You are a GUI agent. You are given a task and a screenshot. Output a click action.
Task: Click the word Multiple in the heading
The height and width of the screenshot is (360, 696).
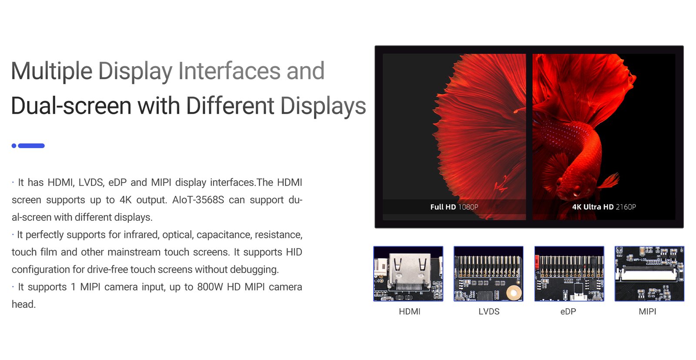[x=52, y=71]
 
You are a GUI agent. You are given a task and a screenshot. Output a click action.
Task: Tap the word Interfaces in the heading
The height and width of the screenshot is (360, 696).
[x=230, y=71]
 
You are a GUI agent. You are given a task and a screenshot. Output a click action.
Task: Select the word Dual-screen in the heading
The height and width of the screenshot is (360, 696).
[x=71, y=105]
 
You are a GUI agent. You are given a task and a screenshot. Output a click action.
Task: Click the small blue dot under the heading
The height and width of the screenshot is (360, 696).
[x=14, y=146]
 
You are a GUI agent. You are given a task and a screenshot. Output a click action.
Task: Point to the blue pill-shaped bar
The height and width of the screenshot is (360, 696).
[x=31, y=146]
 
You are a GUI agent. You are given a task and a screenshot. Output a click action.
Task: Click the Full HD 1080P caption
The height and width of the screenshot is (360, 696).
[x=454, y=207]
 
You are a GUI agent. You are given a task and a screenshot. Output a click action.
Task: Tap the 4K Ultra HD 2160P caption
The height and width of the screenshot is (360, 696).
[x=604, y=207]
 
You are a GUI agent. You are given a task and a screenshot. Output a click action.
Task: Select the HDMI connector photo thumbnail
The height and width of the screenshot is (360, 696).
[x=408, y=274]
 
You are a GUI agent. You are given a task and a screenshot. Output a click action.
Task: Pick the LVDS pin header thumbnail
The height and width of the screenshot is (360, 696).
[x=489, y=274]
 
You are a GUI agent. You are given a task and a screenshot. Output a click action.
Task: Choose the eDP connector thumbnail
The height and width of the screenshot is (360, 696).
[x=569, y=274]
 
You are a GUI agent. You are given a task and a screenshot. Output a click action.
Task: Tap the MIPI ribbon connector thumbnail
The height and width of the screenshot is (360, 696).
[x=649, y=274]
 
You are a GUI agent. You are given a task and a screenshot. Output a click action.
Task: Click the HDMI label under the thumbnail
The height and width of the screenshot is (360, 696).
[x=409, y=312]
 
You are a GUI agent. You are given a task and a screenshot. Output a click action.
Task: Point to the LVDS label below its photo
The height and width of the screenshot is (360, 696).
[x=489, y=312]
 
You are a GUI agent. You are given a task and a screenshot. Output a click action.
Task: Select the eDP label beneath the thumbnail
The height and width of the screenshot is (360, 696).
[x=568, y=312]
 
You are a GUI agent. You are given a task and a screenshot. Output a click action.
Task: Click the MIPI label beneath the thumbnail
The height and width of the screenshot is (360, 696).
[x=648, y=312]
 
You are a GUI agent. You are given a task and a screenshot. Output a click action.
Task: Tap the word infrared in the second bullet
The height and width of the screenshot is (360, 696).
[x=141, y=235]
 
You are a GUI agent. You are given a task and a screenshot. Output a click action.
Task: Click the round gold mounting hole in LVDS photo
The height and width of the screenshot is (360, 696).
[x=514, y=293]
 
